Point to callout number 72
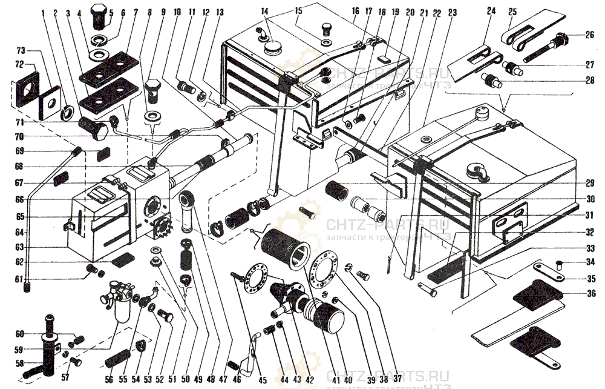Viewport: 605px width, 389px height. [x=19, y=64]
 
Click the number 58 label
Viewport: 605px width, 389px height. [x=19, y=363]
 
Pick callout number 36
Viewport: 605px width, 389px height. [x=590, y=294]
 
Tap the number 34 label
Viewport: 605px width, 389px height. [x=590, y=263]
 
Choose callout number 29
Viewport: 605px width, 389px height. [x=590, y=182]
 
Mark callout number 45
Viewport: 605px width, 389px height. [x=262, y=380]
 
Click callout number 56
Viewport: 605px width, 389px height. [x=110, y=380]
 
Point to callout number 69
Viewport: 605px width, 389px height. [x=19, y=151]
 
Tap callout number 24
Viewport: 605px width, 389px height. [x=490, y=12]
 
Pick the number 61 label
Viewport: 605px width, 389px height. [x=19, y=279]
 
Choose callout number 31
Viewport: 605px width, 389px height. [x=590, y=214]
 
